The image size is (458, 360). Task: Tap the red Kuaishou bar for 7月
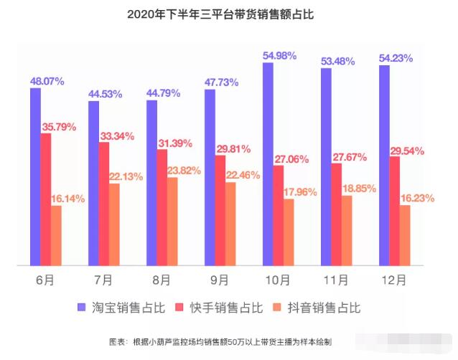(x=104, y=204)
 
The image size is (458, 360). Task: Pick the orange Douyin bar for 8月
(x=172, y=221)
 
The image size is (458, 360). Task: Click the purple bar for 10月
(x=267, y=164)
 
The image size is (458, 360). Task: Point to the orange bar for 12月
(x=405, y=235)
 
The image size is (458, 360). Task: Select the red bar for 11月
(x=336, y=214)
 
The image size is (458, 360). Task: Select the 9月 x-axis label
(x=220, y=279)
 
